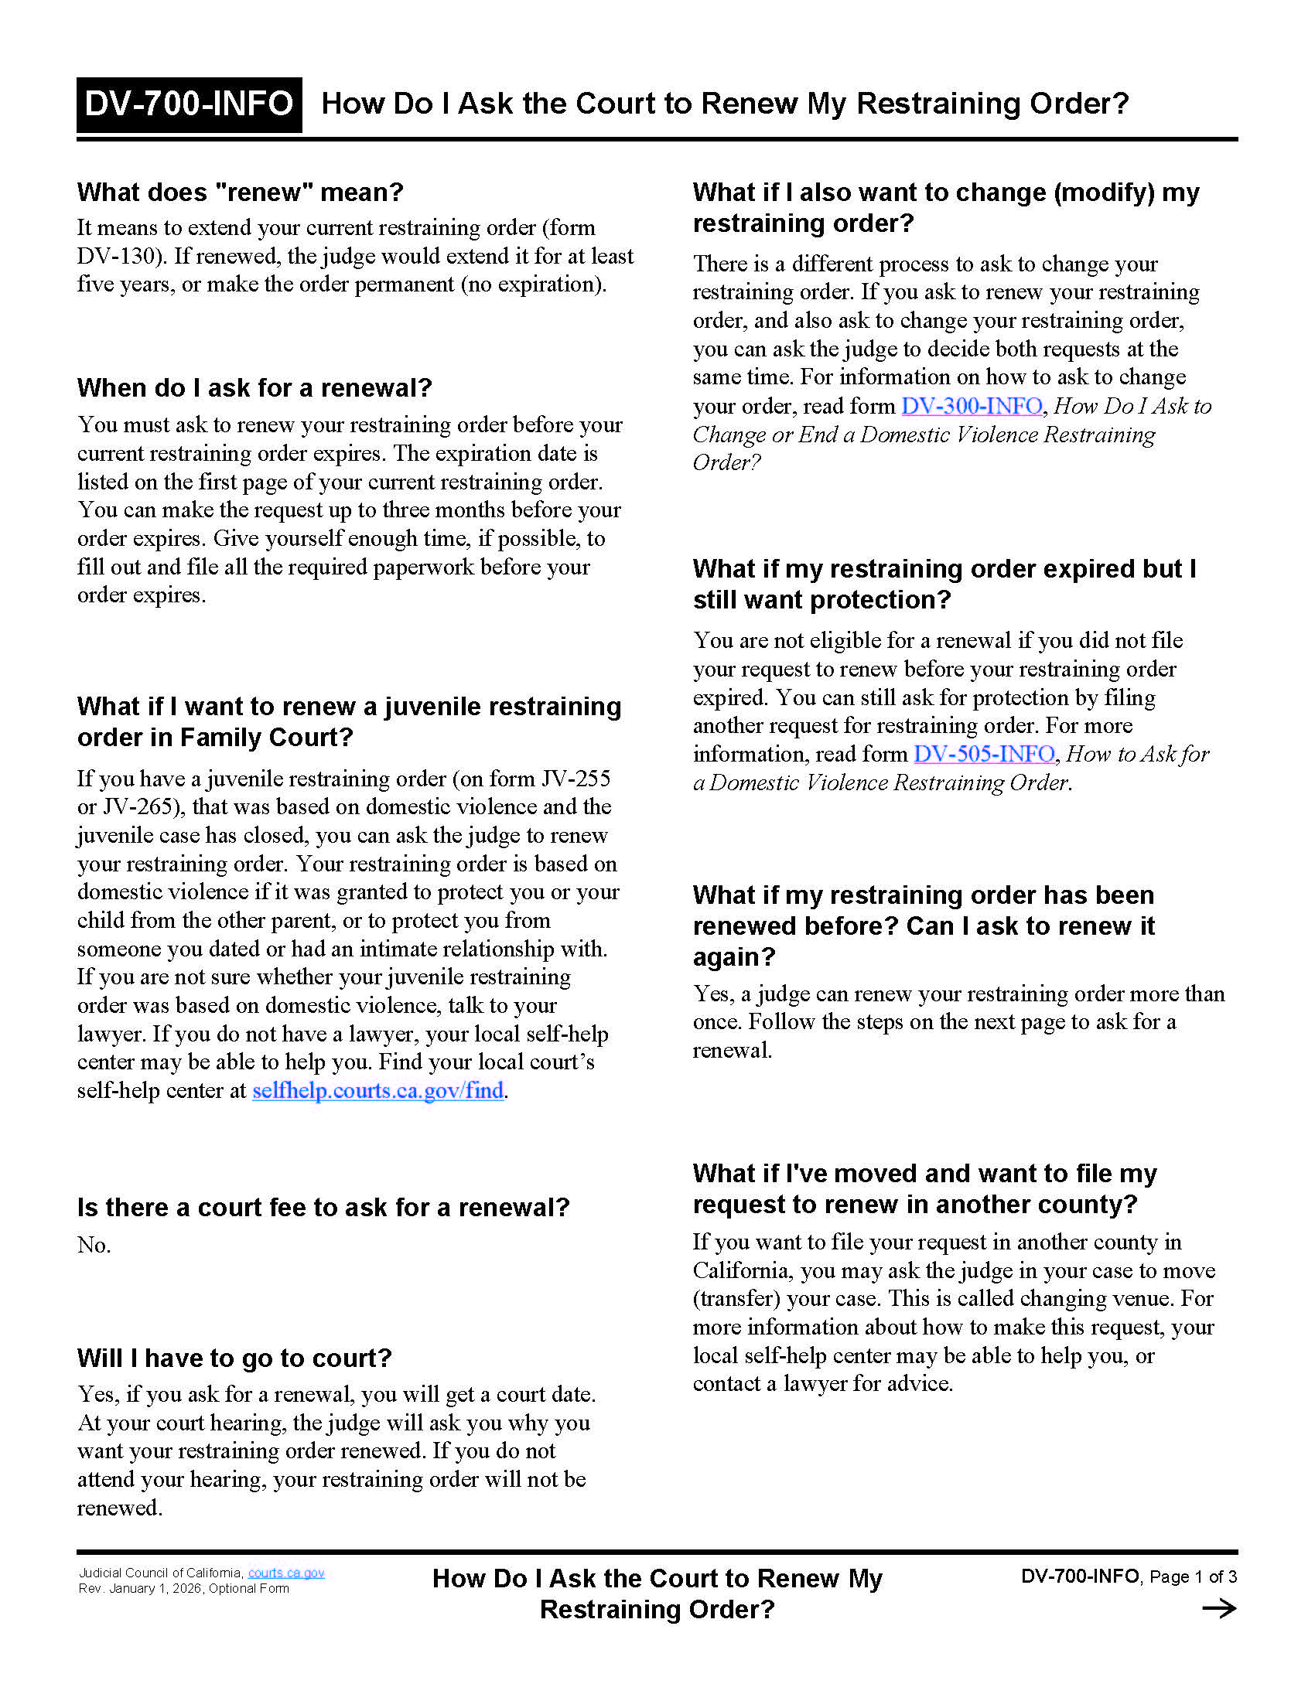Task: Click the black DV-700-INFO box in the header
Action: coord(189,104)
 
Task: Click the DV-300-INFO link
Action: coord(972,406)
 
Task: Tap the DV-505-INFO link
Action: coord(984,754)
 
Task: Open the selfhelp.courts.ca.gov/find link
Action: coord(377,1090)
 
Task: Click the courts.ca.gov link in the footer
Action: coord(286,1573)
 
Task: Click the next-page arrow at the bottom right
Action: coord(1218,1609)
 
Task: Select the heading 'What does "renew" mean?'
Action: coord(240,193)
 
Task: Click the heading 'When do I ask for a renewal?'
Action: coord(254,388)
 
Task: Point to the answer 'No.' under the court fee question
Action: coord(94,1245)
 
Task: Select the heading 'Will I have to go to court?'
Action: coord(234,1358)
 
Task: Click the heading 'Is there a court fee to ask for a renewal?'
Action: coord(323,1207)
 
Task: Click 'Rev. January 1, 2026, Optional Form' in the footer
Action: coord(184,1589)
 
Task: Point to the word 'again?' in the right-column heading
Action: coord(734,956)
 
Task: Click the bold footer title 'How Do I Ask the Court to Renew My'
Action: coord(657,1579)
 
